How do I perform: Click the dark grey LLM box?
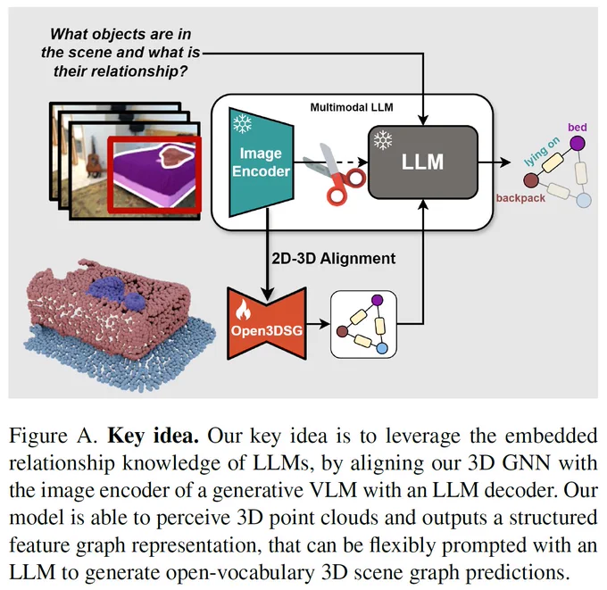point(423,162)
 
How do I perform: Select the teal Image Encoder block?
point(261,162)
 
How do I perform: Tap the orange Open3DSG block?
point(267,324)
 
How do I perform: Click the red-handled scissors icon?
point(336,173)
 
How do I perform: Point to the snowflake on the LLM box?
point(383,140)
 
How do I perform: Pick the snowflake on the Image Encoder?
point(242,124)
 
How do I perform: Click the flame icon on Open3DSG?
point(242,310)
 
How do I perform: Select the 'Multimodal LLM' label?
point(352,107)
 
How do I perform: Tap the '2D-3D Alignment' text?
point(333,258)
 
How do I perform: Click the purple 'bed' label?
point(578,127)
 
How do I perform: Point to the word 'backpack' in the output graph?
point(520,198)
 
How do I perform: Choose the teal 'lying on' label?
point(542,151)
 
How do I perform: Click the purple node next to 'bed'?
point(578,144)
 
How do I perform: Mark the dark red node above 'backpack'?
point(531,180)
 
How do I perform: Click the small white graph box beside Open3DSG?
point(363,324)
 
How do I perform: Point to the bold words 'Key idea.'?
point(154,436)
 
